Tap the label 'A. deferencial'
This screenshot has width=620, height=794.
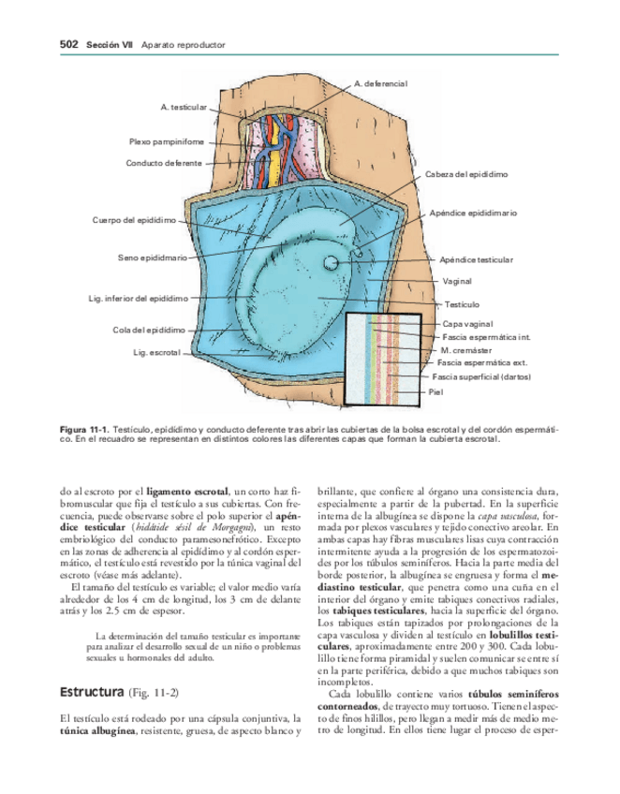click(x=381, y=84)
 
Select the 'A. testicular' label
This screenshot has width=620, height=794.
click(x=184, y=108)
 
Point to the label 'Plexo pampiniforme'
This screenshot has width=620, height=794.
click(x=167, y=141)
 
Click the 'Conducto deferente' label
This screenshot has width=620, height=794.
click(x=164, y=163)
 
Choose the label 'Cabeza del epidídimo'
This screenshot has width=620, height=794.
click(x=466, y=175)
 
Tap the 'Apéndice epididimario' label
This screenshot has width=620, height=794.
click(x=473, y=213)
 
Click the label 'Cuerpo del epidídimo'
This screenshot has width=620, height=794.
click(x=134, y=220)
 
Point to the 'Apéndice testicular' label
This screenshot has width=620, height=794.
click(x=476, y=259)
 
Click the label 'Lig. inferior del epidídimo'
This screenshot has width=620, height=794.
click(x=137, y=299)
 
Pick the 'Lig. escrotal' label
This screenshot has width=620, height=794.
click(x=156, y=352)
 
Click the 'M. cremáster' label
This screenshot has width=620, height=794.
click(x=465, y=349)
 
